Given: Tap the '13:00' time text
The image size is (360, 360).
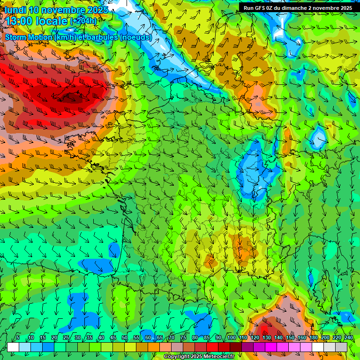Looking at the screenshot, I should pos(19,21).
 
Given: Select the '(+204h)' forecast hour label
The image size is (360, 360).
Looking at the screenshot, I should pos(83,22).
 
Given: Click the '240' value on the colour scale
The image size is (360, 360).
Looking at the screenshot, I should pos(348,338).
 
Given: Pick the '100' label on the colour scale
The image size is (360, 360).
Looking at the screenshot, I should pos(232,338).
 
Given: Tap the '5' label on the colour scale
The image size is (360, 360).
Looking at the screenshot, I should pos(18,338).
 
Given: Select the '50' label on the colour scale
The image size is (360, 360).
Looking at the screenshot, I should pos(125,338).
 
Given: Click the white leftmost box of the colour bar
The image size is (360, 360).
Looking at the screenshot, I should pos(13,347).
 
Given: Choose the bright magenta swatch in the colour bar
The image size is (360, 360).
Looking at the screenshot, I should pos(271,347).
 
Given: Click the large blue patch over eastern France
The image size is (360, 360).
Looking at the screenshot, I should pos(253,171).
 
